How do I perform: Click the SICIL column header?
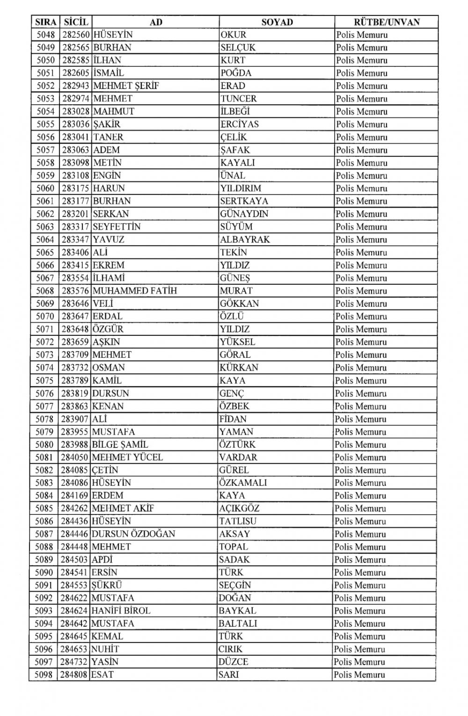[76, 22]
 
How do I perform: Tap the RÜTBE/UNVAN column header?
[387, 22]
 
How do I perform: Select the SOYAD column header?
[277, 22]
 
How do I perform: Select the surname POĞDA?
[236, 73]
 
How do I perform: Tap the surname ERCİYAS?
[239, 124]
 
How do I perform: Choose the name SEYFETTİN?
[117, 227]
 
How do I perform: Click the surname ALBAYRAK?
[245, 239]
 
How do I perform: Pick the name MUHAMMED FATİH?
[135, 291]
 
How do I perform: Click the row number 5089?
[44, 560]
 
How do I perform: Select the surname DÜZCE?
[233, 662]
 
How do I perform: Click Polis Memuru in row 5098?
[359, 675]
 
